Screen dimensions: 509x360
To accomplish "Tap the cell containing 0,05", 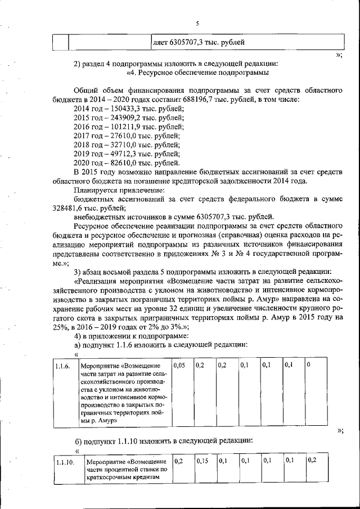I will (x=180, y=366).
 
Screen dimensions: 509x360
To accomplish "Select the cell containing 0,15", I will (x=202, y=461).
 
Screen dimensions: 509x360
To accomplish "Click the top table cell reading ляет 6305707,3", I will (x=198, y=42).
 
